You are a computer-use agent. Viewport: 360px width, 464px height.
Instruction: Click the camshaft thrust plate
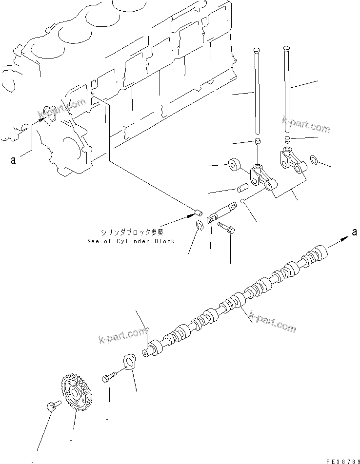(129, 363)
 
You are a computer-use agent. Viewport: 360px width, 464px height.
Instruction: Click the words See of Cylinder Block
(131, 241)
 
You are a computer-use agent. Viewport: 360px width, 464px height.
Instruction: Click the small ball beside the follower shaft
(242, 203)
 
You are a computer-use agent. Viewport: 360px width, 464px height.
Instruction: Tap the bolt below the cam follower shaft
(226, 227)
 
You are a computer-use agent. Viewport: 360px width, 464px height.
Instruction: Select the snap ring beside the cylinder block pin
(199, 225)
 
